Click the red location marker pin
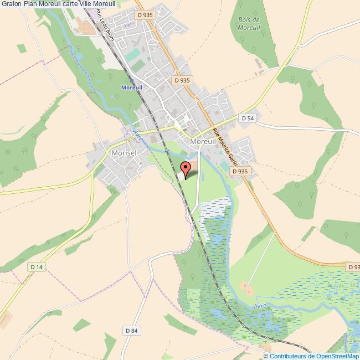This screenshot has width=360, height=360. (187, 167)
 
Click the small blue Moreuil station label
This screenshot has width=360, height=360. (132, 88)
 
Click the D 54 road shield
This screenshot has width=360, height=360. (247, 118)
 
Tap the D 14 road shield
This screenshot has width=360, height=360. (37, 267)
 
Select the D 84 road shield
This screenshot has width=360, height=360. (131, 331)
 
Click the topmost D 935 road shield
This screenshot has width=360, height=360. (145, 15)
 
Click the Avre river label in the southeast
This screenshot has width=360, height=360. (260, 305)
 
